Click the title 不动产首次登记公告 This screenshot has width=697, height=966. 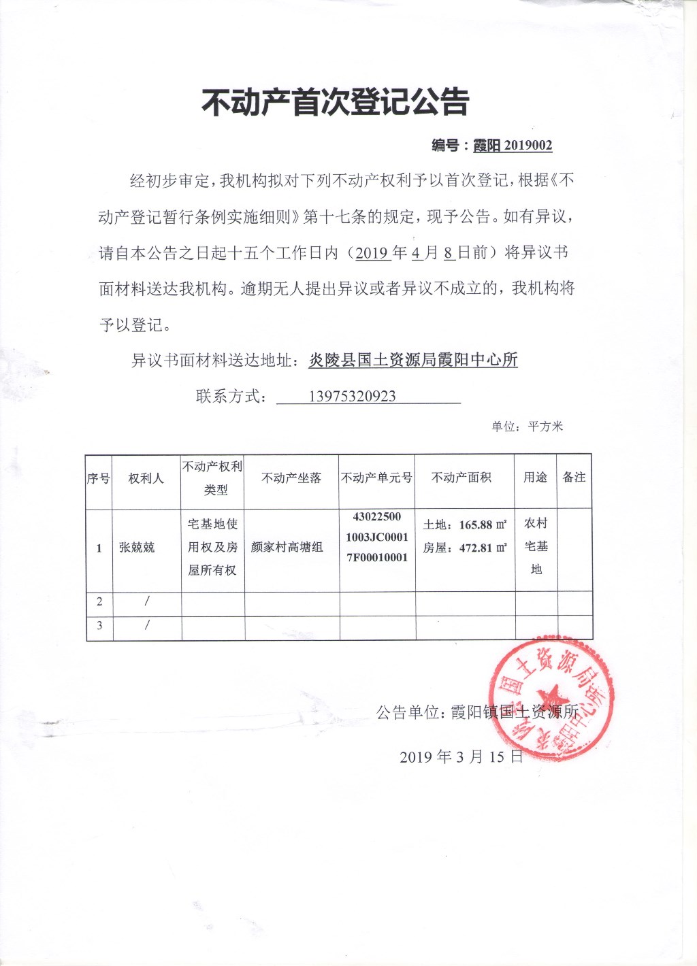335,102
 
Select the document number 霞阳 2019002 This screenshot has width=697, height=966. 513,145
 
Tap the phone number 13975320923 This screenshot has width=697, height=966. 352,397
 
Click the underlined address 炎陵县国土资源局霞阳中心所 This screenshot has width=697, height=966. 413,360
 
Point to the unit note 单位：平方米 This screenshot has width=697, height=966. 528,427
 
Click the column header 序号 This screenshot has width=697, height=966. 99,478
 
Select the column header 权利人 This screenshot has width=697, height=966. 146,478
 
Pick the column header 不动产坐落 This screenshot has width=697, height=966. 291,478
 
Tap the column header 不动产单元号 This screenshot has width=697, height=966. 377,478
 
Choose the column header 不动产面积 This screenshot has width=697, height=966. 461,478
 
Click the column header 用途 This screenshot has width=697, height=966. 536,478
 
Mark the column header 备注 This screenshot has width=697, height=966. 574,478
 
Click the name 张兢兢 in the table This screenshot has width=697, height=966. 137,547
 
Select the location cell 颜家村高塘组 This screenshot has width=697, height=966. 287,547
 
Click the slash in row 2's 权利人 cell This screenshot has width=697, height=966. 146,601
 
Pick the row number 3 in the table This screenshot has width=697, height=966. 99,625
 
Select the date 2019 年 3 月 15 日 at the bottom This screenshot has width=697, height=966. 461,756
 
